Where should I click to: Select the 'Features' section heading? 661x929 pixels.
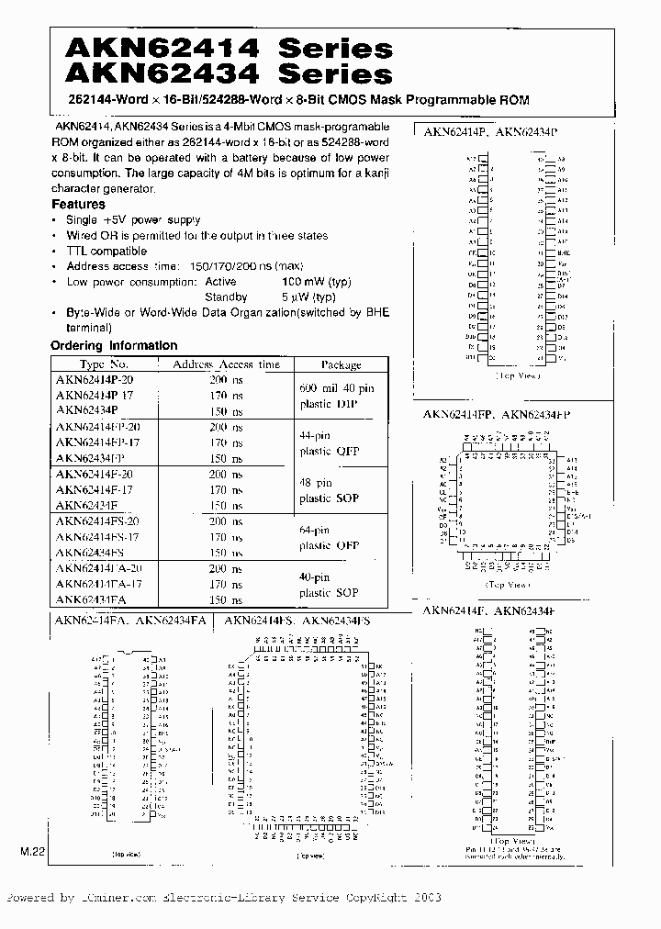tap(78, 204)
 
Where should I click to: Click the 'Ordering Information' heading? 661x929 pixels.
tap(114, 346)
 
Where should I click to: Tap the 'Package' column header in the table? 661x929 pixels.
tap(341, 364)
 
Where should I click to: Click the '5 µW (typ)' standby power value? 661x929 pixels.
tap(308, 297)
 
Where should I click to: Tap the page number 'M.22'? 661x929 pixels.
tap(33, 853)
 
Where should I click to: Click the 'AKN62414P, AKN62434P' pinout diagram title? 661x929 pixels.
tap(490, 132)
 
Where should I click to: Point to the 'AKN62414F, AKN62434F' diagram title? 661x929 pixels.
tap(489, 610)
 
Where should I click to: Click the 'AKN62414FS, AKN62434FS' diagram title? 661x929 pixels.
tap(297, 621)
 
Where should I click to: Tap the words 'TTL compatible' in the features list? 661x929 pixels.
tap(106, 251)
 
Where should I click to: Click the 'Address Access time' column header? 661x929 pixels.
tap(227, 364)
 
